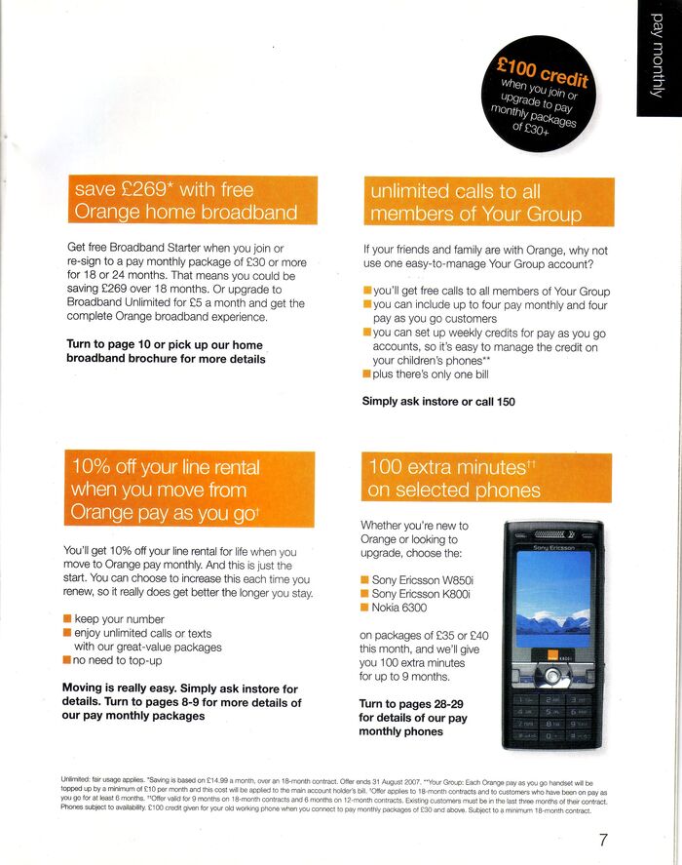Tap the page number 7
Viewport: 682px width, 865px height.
pyautogui.click(x=604, y=839)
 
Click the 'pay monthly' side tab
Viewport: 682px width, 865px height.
pyautogui.click(x=658, y=59)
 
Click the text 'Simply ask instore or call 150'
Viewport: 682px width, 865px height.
pyautogui.click(x=438, y=401)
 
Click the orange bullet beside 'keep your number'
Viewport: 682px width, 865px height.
pyautogui.click(x=67, y=619)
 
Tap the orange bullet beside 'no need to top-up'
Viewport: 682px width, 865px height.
pyautogui.click(x=67, y=660)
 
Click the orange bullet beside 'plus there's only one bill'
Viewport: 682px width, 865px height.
pyautogui.click(x=367, y=374)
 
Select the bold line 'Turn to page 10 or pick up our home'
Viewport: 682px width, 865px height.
pyautogui.click(x=164, y=344)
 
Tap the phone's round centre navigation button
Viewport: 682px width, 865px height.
pyautogui.click(x=551, y=673)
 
